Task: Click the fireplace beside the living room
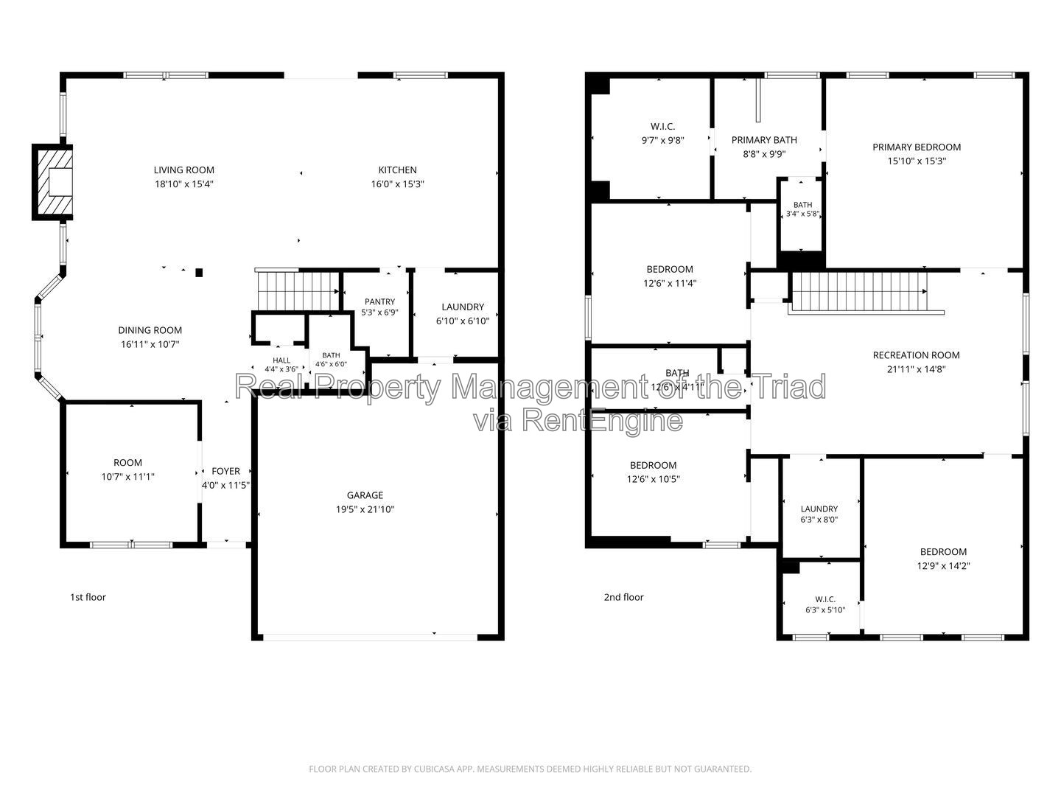click(x=53, y=182)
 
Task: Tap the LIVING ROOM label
click(x=183, y=170)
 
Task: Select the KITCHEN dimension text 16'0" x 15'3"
click(x=397, y=184)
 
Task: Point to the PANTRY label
click(x=379, y=301)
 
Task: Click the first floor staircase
click(x=298, y=290)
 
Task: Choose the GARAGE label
click(x=365, y=495)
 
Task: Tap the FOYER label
click(x=225, y=471)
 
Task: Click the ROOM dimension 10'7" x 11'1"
click(x=127, y=477)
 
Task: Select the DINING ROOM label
click(x=150, y=331)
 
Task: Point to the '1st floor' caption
click(x=88, y=597)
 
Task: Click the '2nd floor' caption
click(x=623, y=597)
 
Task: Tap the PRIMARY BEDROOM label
click(x=917, y=147)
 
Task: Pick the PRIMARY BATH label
click(x=764, y=140)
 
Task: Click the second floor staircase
click(x=861, y=291)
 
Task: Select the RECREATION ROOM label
click(x=916, y=356)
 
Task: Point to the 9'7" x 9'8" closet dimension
click(x=662, y=141)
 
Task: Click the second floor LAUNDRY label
click(x=819, y=509)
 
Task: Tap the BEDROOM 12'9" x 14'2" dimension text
click(x=943, y=566)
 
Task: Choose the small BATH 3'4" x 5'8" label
click(x=802, y=205)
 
